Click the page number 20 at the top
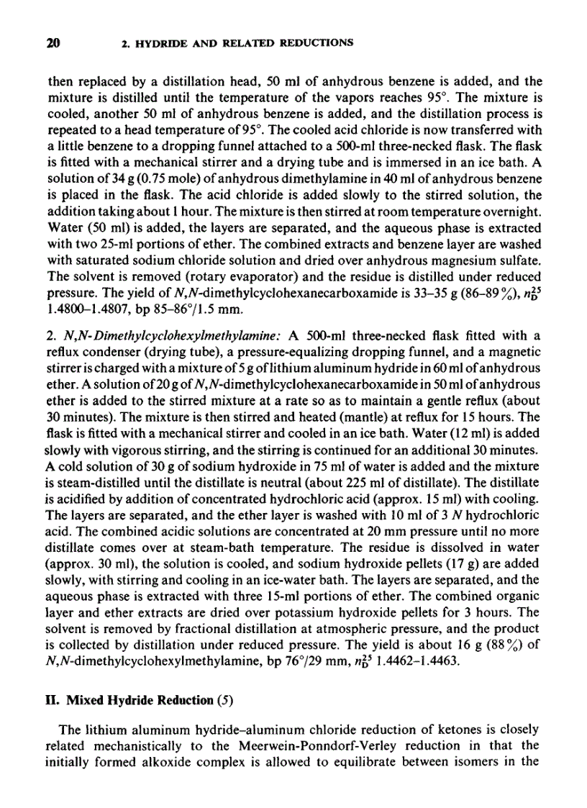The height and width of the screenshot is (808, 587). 52,42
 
